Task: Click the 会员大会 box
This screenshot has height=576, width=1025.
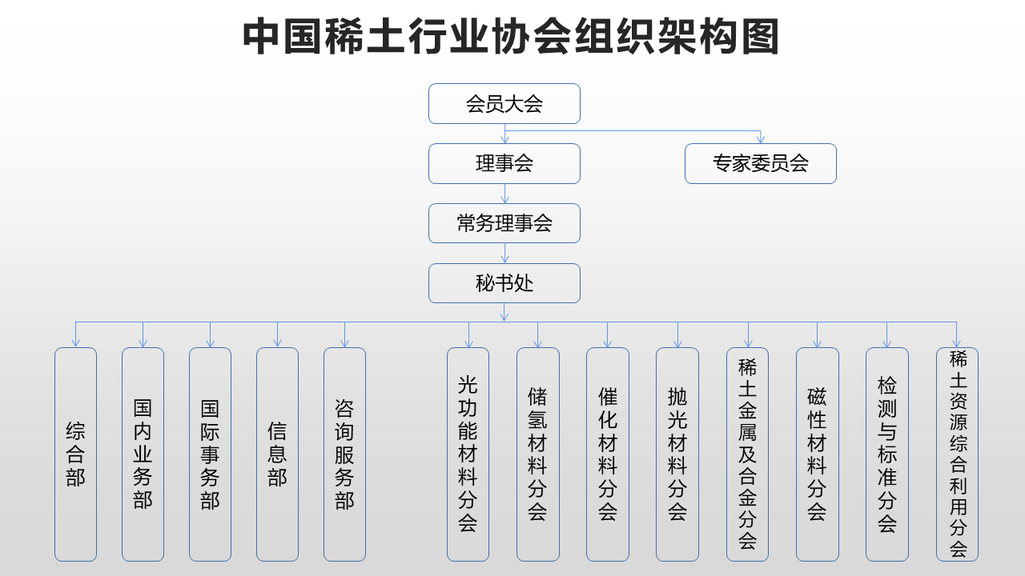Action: [504, 104]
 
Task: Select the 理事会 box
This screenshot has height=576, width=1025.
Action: [504, 164]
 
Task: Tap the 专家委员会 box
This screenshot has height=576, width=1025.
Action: [761, 164]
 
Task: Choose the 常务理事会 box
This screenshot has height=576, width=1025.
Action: [504, 223]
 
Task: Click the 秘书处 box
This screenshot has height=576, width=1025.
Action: [504, 283]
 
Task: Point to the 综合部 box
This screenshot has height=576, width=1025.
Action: [75, 454]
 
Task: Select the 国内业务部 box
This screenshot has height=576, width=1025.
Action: [143, 454]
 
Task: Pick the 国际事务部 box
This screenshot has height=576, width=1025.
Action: [210, 454]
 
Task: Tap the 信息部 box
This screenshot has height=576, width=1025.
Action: [277, 454]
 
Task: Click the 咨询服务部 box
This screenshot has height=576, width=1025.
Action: [344, 454]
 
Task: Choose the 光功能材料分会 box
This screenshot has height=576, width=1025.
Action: [468, 454]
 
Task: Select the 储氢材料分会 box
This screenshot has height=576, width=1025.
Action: [538, 454]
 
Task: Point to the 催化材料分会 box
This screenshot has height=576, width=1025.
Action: [608, 454]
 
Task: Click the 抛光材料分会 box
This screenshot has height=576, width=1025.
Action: [677, 454]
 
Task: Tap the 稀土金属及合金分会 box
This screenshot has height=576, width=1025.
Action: [748, 454]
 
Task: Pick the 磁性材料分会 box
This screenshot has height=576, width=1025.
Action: [818, 454]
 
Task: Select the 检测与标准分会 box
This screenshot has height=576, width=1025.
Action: [887, 454]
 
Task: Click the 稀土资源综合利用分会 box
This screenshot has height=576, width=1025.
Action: [957, 454]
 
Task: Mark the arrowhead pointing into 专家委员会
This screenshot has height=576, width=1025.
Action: [761, 139]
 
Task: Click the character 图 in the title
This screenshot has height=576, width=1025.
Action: [761, 36]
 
